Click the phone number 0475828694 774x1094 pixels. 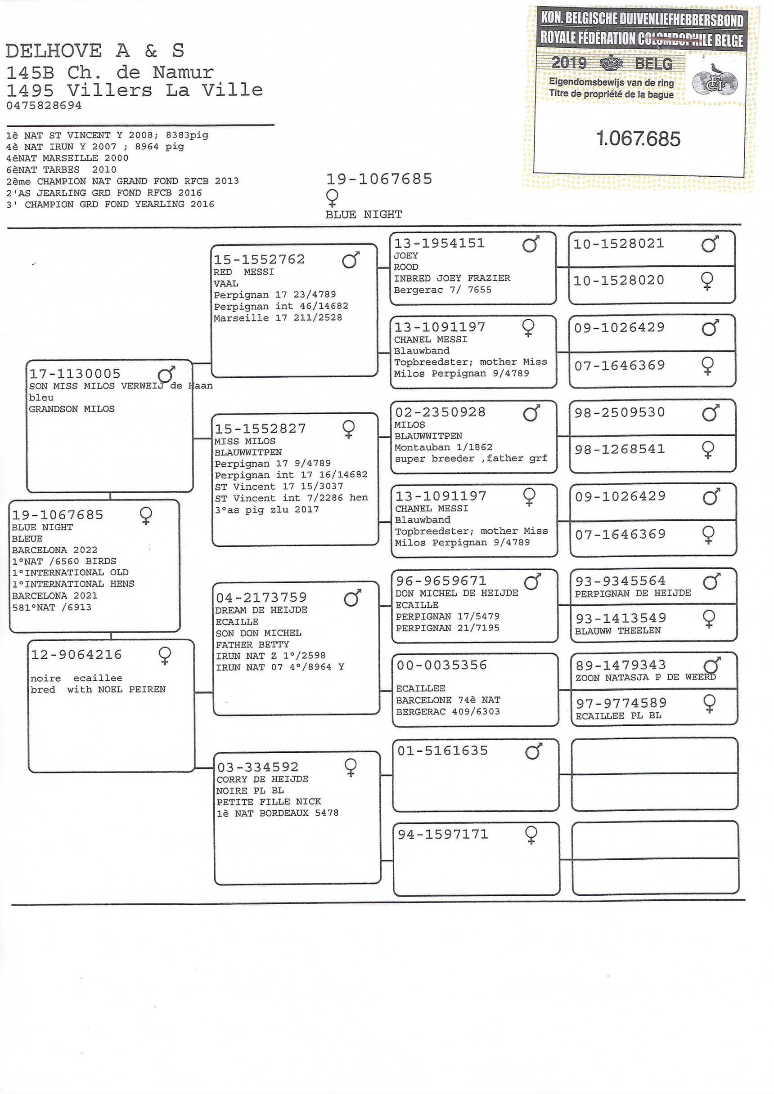[44, 105]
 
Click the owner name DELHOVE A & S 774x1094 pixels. [94, 50]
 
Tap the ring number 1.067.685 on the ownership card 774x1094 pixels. [638, 138]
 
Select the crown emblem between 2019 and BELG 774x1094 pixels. [611, 63]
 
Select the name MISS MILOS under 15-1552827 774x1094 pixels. [245, 441]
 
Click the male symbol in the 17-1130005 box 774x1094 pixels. [166, 374]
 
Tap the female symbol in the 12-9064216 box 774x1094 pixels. [165, 655]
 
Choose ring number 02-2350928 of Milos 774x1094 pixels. [440, 412]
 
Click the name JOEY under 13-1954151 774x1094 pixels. [405, 256]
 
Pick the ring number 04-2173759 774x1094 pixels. [261, 598]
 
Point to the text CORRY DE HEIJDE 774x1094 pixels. [262, 779]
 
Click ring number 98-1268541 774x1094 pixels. [620, 449]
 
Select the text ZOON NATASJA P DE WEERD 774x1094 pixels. [645, 677]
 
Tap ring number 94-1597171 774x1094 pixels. [443, 834]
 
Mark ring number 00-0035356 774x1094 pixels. [441, 665]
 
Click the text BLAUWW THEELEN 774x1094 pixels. [617, 631]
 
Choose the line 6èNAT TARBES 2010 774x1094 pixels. [61, 170]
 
